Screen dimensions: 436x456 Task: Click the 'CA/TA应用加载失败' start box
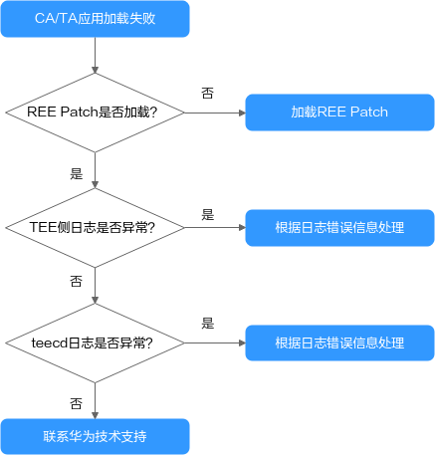coord(96,19)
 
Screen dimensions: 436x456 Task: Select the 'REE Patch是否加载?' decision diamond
coord(95,113)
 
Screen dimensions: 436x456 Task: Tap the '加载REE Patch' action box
coord(339,113)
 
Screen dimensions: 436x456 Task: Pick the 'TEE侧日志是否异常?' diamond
coord(95,228)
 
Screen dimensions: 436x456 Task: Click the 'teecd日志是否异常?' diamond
coord(95,342)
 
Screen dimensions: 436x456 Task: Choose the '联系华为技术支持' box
coord(96,436)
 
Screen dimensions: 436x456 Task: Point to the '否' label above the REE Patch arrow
coord(208,94)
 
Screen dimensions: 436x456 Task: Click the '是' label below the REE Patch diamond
coord(77,173)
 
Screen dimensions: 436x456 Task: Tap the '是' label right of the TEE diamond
coord(208,215)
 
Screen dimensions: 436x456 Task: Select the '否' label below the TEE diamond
coord(77,282)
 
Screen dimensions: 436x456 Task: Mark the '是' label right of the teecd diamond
coord(208,324)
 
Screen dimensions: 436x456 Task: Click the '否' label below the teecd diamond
coord(77,403)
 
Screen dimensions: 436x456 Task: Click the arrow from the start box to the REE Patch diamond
coord(95,55)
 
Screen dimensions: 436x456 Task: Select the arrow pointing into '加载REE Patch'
coord(215,113)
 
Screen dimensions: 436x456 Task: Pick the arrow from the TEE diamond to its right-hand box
coord(215,228)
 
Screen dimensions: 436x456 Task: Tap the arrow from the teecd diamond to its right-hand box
coord(215,342)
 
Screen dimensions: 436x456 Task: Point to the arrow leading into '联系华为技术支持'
coord(95,401)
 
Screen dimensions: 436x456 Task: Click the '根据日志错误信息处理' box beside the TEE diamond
coord(339,228)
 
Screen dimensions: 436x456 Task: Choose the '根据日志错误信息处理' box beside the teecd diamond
coord(339,342)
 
